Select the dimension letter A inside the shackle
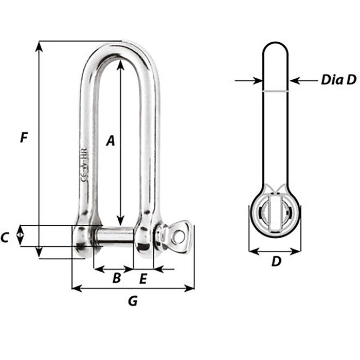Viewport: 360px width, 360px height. (110, 140)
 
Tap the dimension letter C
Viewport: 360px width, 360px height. (5, 237)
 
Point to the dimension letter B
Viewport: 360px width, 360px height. (116, 278)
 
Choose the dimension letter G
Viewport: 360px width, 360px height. (133, 301)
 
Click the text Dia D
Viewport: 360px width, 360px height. (338, 80)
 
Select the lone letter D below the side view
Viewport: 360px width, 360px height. (276, 261)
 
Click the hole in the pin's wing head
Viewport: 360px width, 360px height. (178, 237)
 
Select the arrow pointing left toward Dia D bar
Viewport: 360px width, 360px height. (295, 80)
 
